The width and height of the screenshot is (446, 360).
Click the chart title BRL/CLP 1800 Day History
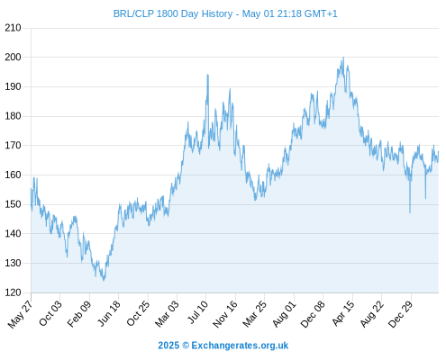173,13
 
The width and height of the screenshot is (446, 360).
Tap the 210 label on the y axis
13,28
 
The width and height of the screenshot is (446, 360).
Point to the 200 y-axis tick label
13,57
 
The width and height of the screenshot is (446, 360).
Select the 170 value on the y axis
13,146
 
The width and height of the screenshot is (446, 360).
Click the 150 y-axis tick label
13,204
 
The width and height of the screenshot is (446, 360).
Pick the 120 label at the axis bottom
13,292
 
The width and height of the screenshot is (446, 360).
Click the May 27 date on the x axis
20,314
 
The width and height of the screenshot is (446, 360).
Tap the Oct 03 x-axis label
50,313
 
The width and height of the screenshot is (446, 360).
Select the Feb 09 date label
78,314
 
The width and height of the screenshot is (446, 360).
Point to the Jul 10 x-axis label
197,312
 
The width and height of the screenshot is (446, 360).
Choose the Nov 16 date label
224,314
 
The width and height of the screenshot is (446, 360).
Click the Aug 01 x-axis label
284,314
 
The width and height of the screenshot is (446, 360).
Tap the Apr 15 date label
343,313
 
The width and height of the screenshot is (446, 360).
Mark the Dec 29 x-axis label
401,314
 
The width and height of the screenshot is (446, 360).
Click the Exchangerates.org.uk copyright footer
223,346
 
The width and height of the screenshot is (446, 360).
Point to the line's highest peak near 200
343,58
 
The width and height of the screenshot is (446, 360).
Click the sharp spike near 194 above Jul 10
207,75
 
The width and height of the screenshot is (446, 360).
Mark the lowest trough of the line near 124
104,281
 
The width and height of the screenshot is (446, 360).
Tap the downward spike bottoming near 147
410,212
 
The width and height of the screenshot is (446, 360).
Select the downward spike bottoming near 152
425,198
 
